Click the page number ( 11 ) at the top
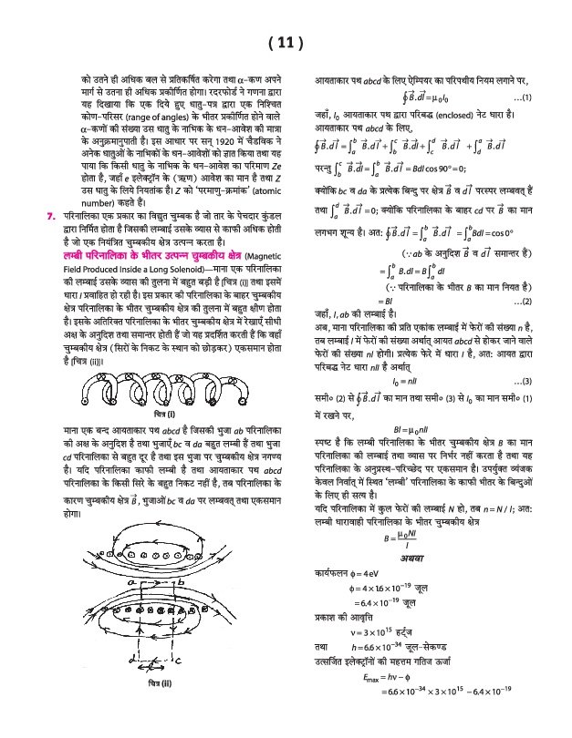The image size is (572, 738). [286, 43]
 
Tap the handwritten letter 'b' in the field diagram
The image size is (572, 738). [181, 580]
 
